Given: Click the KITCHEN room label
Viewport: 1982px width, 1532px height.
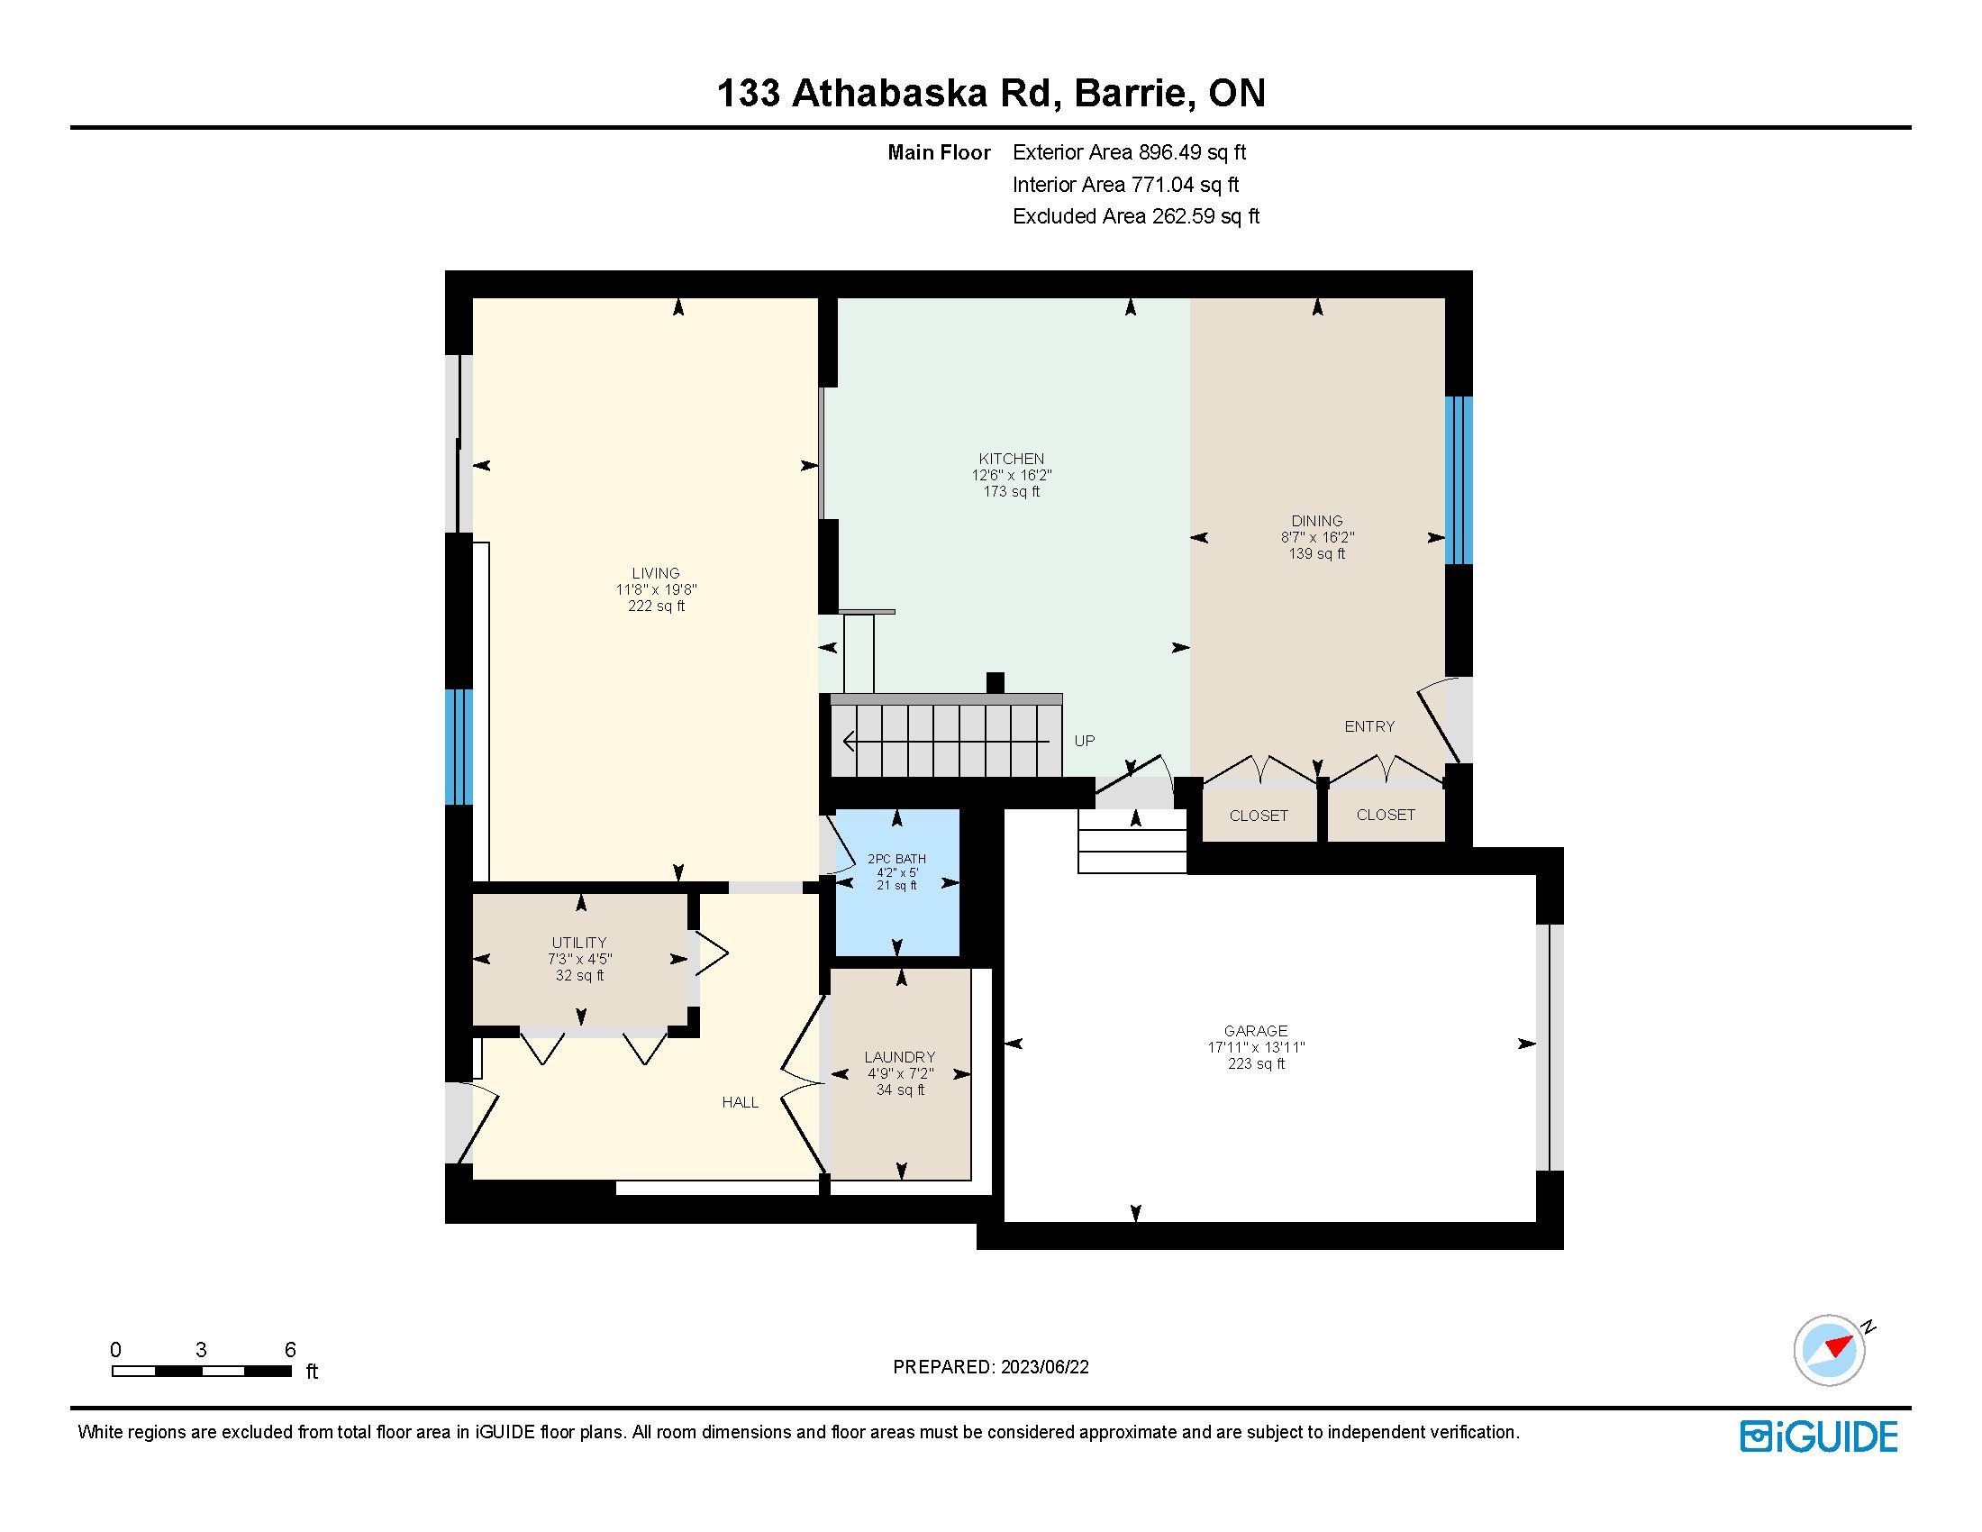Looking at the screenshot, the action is (x=1011, y=459).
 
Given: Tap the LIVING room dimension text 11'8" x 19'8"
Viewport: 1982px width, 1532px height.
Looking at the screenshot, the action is (x=656, y=590).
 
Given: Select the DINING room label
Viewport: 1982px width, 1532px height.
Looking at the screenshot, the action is (x=1317, y=521).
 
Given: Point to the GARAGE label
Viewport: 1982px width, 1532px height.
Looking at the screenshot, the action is (x=1255, y=1031).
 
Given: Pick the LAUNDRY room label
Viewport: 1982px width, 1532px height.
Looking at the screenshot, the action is (x=899, y=1057).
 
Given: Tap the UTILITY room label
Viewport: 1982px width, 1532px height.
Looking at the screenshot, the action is (x=579, y=943).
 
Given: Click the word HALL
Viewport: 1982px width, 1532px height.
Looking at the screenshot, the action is (x=741, y=1102).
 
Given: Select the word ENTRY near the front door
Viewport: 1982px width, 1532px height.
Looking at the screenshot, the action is (x=1369, y=726).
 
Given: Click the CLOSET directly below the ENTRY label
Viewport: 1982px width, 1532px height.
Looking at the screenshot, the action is (x=1386, y=815).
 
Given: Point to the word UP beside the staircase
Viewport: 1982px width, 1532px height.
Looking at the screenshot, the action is (x=1085, y=741).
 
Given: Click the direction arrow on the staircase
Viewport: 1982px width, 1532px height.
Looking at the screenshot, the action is (x=947, y=742).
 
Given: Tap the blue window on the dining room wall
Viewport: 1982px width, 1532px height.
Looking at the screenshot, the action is (x=1459, y=480).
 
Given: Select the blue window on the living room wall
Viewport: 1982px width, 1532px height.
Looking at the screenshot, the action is (x=459, y=747).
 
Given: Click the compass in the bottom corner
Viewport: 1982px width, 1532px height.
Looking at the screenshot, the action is (x=1830, y=1350).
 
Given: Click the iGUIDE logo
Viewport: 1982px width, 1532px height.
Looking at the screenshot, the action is (x=1819, y=1436).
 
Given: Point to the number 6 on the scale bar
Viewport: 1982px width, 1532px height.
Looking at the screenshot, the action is (x=290, y=1350).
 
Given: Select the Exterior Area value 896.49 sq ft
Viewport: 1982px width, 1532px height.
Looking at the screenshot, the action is (x=1193, y=152).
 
